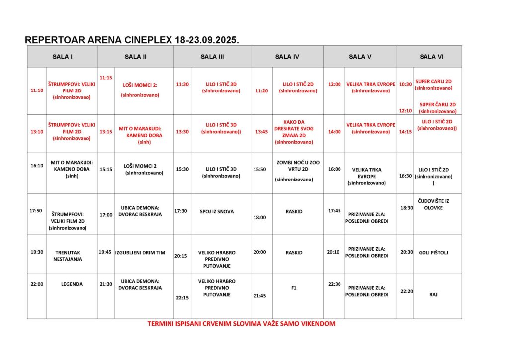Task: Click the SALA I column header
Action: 63,57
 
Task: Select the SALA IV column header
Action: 287,57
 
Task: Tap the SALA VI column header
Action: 431,57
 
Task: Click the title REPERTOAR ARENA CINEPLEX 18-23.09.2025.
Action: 132,40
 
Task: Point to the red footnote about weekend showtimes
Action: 241,323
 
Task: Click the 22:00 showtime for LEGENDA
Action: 37,284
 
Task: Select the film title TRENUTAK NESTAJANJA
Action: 68,256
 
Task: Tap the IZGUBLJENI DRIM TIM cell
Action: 140,253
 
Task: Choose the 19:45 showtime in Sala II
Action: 105,252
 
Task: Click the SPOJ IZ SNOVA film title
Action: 216,212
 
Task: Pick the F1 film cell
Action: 294,287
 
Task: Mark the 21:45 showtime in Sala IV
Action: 259,296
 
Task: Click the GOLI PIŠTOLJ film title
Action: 433,253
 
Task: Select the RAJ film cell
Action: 433,295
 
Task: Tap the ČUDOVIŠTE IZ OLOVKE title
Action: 433,204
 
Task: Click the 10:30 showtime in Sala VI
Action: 405,84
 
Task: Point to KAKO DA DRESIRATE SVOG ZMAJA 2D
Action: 294,132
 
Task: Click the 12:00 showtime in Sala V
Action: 335,85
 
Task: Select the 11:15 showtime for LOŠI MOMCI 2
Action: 106,78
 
